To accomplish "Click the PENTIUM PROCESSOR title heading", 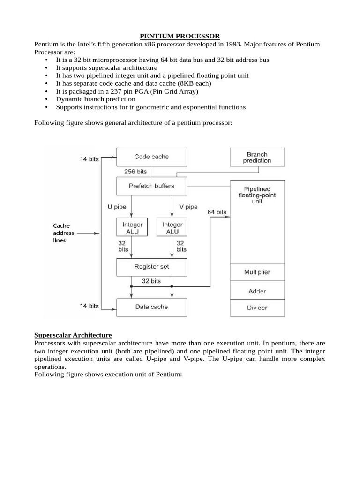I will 180,36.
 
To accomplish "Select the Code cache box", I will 151,157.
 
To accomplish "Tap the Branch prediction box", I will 257,157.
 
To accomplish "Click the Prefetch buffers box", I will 151,186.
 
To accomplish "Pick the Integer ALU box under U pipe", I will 132,228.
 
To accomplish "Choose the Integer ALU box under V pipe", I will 172,228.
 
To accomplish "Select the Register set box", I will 151,267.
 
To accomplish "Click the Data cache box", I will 151,307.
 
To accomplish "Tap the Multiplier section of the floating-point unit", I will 257,272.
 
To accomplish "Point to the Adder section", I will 257,292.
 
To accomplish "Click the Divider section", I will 257,308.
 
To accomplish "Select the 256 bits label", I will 135,172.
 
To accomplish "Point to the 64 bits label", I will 217,212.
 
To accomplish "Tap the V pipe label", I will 188,207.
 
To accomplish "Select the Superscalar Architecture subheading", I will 73,335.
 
